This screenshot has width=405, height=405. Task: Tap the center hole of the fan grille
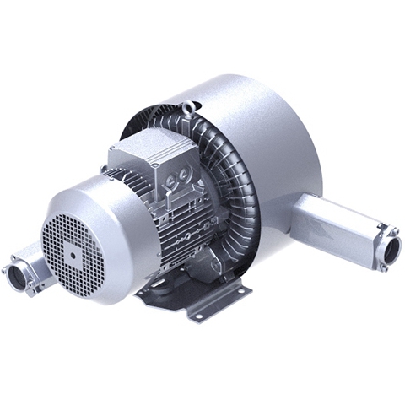[x=74, y=249]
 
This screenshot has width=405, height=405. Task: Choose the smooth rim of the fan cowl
[x=110, y=194]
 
